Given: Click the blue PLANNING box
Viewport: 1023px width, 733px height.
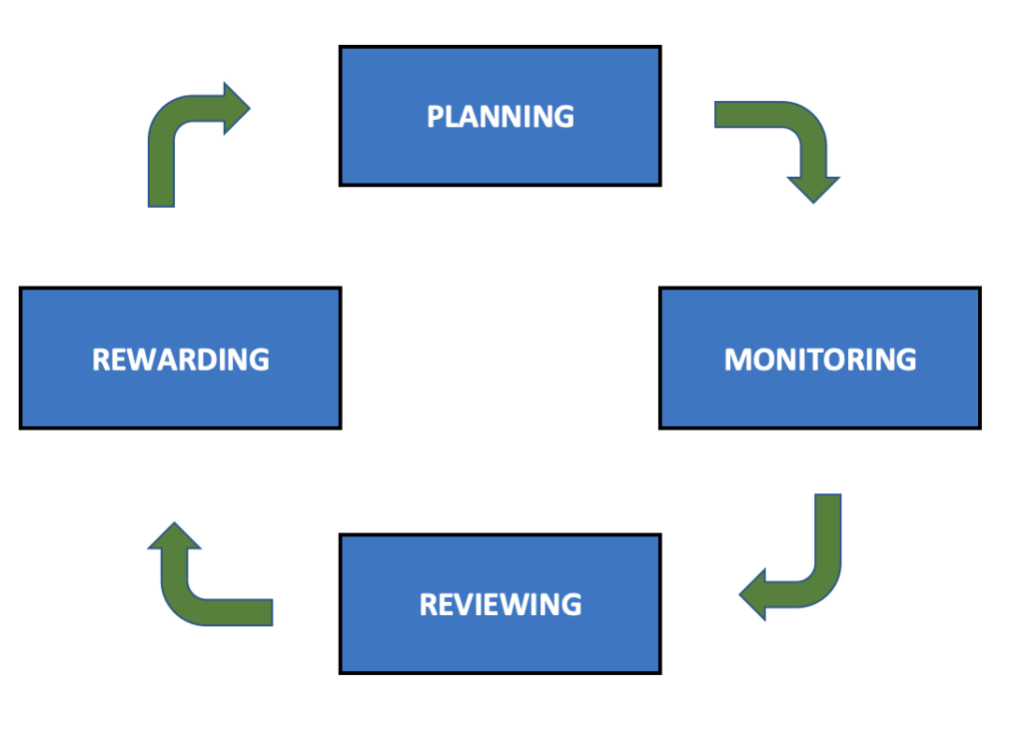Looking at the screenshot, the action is click(501, 116).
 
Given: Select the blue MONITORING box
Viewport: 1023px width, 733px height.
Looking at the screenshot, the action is click(820, 359).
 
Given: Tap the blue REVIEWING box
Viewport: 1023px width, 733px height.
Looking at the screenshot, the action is click(501, 604).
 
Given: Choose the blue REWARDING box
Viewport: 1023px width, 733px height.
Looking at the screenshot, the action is click(181, 359).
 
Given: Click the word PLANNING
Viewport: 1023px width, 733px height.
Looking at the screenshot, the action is click(501, 117).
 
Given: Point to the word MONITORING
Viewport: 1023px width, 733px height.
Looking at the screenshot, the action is click(820, 360).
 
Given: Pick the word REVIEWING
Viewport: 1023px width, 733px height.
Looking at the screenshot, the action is click(501, 604).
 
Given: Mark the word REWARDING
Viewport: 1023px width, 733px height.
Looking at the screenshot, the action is click(181, 360).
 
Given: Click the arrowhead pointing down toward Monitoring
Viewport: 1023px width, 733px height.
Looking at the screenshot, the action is click(813, 189).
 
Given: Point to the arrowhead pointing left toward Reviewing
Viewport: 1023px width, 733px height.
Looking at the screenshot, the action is click(753, 595).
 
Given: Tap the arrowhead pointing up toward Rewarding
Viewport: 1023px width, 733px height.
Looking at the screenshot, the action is click(174, 535).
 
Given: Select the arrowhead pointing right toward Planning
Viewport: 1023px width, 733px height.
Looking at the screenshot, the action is click(236, 108).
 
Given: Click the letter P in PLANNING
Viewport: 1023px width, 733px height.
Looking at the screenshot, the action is click(436, 117).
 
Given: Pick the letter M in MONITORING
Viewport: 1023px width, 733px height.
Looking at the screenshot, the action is click(738, 360).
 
